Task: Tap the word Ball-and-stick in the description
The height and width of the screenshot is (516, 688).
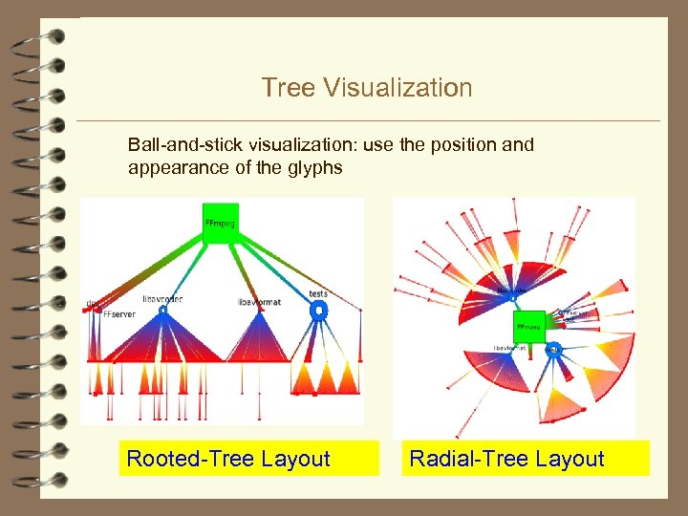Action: tap(186, 145)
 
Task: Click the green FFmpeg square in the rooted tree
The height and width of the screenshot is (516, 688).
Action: tap(221, 224)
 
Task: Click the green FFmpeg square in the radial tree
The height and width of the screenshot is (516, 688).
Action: tap(528, 327)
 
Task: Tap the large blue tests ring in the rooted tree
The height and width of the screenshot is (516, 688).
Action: tap(319, 311)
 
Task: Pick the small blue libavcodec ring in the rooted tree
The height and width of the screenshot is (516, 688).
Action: tap(163, 311)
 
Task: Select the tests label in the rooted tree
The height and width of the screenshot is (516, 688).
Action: tap(318, 293)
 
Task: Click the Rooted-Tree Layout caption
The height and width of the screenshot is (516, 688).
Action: tap(228, 459)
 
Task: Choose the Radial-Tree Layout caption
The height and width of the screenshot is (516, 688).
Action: tap(506, 459)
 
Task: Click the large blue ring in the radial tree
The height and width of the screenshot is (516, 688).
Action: tap(553, 351)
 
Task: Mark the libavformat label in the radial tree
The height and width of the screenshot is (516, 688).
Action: tap(512, 348)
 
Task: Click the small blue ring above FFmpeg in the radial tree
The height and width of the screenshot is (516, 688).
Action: tap(513, 297)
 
